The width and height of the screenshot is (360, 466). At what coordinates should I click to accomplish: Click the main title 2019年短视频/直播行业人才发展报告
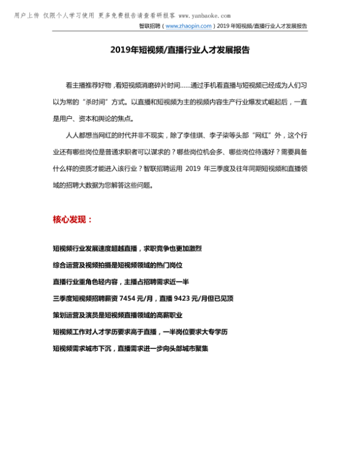179,51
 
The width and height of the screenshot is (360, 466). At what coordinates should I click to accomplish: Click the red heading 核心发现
73,220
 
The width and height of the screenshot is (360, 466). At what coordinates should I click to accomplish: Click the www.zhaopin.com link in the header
188,26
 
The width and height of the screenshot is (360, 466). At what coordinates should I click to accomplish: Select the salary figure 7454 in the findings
129,298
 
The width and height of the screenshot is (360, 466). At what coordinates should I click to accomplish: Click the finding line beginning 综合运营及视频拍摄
117,265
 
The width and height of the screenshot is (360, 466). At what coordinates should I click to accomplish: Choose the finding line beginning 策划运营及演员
117,315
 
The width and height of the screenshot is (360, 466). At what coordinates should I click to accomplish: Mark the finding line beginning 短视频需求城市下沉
130,348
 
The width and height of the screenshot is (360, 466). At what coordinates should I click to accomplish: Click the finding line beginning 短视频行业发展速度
127,248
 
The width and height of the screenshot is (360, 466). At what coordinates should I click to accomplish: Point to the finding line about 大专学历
140,331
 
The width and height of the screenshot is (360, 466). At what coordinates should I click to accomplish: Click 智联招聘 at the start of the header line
149,26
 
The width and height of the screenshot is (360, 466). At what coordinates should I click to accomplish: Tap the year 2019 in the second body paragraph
196,169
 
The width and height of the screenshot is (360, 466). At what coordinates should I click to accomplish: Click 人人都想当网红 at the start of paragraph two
86,136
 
